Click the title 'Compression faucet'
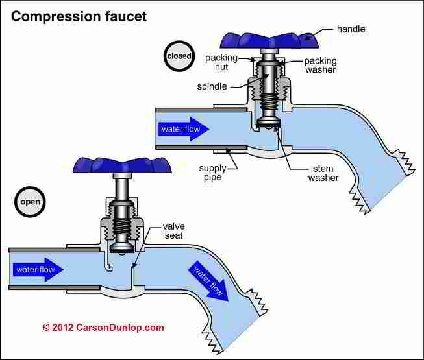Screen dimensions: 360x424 (79, 16)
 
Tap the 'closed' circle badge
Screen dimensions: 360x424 (179, 56)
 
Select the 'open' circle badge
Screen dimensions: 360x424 (31, 202)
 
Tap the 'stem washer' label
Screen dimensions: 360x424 (323, 173)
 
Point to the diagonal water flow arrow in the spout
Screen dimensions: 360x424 (209, 281)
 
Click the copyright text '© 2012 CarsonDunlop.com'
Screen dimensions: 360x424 (103, 328)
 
